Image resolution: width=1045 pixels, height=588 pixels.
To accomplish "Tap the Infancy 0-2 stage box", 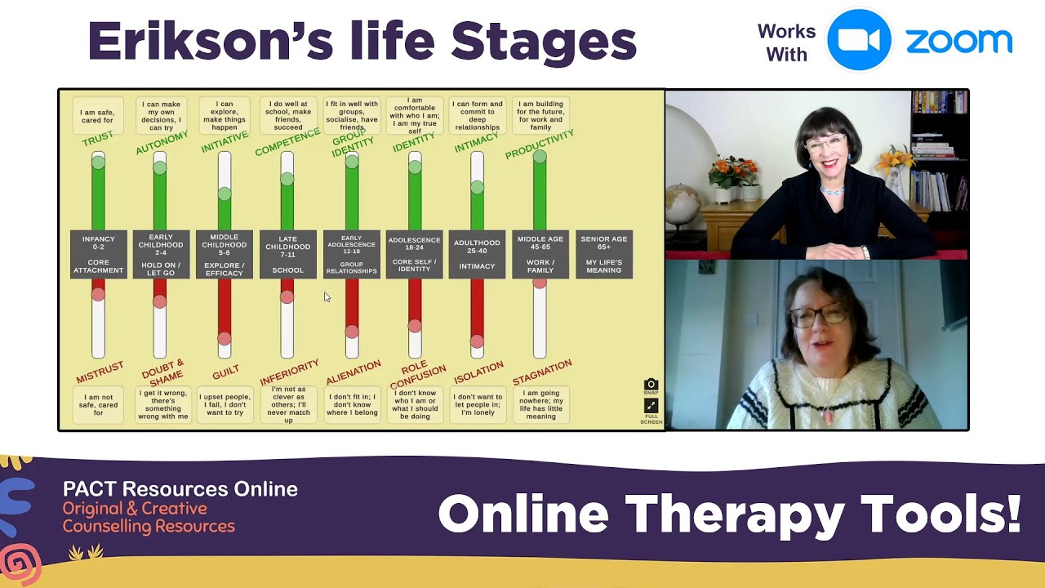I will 99,254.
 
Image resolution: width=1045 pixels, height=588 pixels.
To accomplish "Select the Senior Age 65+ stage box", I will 603,254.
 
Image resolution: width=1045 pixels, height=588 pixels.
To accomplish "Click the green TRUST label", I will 98,140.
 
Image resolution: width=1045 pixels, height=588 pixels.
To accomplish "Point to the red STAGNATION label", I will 542,372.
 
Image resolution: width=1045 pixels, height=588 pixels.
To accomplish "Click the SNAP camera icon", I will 651,385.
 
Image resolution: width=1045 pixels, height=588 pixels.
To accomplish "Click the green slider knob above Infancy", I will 98,163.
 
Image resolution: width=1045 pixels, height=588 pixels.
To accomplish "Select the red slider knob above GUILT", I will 225,338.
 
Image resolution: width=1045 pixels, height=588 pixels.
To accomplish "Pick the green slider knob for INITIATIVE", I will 225,194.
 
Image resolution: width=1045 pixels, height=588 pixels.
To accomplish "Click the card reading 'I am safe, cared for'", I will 98,116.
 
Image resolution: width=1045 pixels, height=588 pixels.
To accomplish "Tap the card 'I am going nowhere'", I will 540,404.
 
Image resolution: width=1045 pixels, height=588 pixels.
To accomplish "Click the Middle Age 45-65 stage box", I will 540,254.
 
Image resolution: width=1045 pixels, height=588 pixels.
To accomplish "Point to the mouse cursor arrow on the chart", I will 327,297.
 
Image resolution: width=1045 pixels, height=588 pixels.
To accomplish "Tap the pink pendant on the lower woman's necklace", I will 829,416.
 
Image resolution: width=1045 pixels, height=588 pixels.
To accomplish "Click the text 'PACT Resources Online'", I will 180,489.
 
